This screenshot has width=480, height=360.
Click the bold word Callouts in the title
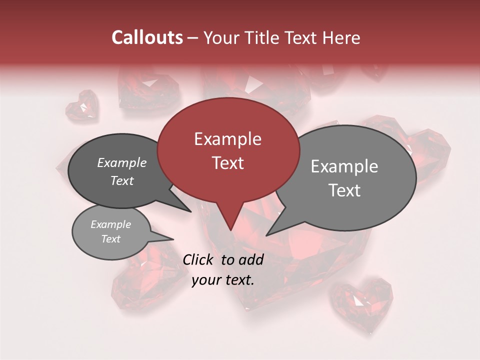pyautogui.click(x=147, y=37)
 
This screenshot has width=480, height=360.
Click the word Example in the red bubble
pyautogui.click(x=227, y=139)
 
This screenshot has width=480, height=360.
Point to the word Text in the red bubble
pyautogui.click(x=227, y=163)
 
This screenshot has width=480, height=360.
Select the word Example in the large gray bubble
pyautogui.click(x=344, y=166)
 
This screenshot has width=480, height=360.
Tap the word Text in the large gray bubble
pyautogui.click(x=344, y=190)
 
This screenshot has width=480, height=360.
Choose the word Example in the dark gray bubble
pyautogui.click(x=122, y=162)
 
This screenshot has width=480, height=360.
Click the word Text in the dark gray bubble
pyautogui.click(x=122, y=180)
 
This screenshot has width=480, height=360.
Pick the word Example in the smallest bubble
pyautogui.click(x=111, y=224)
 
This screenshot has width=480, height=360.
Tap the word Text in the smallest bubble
pyautogui.click(x=111, y=239)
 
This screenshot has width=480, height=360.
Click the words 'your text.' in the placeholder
pyautogui.click(x=223, y=280)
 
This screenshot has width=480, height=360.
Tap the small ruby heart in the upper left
pyautogui.click(x=82, y=105)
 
